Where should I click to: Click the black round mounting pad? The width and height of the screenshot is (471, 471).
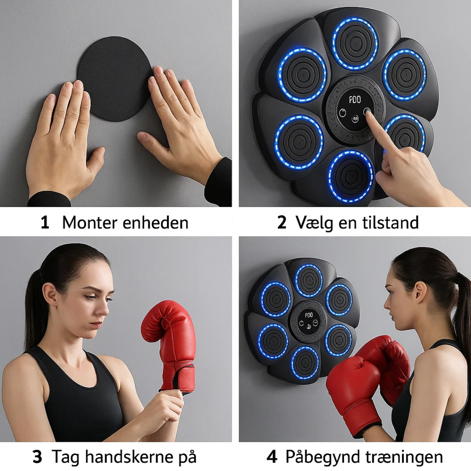point(115,78)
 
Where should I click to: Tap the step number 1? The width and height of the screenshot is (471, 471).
point(45,223)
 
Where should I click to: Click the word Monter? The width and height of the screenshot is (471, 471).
point(89,222)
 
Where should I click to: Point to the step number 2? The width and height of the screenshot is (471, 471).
point(281,222)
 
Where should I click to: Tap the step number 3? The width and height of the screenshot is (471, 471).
point(37,457)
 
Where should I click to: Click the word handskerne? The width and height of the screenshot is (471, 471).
point(129,457)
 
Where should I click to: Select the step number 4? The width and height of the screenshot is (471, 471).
point(272,457)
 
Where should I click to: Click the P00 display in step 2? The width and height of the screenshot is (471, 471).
point(355,100)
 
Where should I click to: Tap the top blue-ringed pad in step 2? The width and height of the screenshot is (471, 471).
point(355,44)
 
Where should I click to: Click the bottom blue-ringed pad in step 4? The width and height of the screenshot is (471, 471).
point(304,363)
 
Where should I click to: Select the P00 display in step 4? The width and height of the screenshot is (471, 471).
point(309,315)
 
